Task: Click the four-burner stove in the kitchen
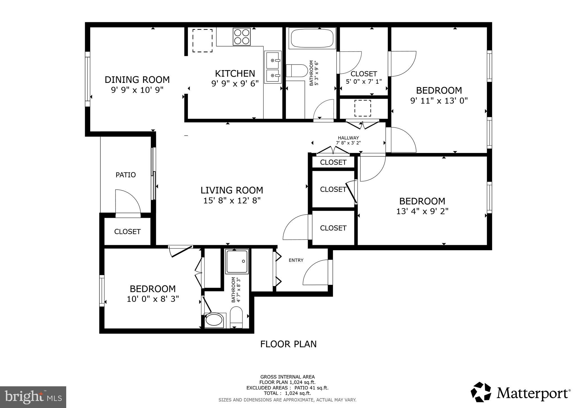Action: (241, 37)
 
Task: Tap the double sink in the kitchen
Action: (272, 67)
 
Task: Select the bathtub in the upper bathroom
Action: (312, 38)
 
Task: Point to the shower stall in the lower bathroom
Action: (237, 261)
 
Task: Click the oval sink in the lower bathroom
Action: (214, 320)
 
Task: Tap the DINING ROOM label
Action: (137, 80)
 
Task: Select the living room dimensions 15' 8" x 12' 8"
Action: (232, 201)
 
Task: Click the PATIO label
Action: (126, 175)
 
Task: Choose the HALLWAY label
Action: (348, 138)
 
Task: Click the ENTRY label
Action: (296, 260)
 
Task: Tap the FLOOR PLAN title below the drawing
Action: (288, 344)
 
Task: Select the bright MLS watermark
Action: (33, 397)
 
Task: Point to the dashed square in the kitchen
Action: (202, 41)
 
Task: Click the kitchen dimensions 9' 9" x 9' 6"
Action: (235, 83)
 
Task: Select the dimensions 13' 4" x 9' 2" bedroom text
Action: (422, 211)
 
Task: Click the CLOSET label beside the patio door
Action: (127, 232)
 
